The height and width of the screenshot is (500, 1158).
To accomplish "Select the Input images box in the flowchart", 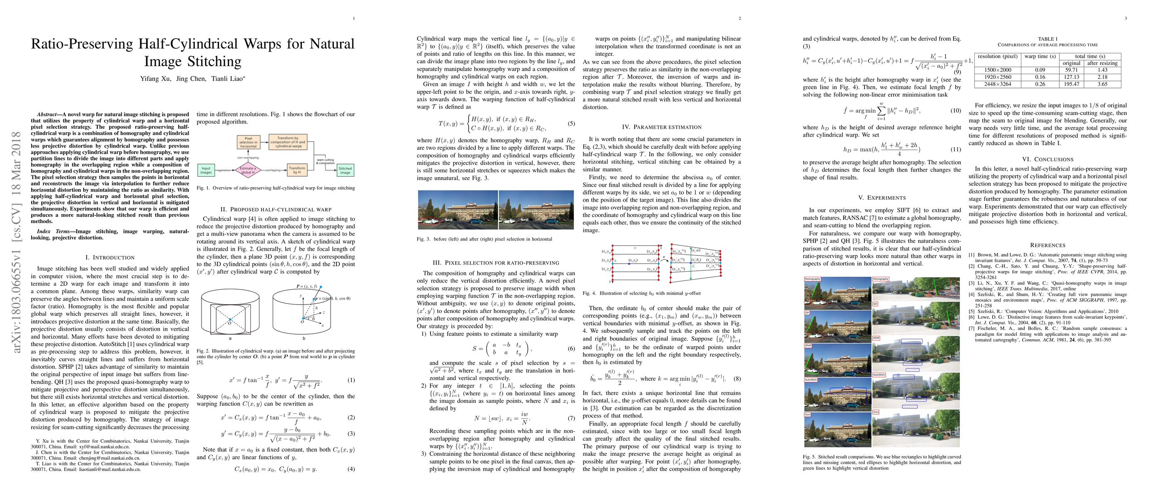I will pos(206,170).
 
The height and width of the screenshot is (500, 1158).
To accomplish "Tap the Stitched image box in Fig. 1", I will pos(345,170).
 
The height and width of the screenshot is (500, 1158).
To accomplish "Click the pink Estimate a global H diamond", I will pos(248,170).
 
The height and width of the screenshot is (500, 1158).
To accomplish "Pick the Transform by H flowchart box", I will pos(297,170).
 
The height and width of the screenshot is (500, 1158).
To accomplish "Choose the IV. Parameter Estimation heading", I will pos(661,127).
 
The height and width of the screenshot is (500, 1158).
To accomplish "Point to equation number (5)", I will pos(571,124).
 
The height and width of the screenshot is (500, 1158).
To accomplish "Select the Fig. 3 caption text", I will pos(484,239).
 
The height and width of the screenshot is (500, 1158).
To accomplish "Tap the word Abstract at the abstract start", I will pos(47,115).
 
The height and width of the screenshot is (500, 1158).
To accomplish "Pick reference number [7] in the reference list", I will pos(972,329).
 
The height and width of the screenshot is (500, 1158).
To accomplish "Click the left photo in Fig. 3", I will pos(458,210).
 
